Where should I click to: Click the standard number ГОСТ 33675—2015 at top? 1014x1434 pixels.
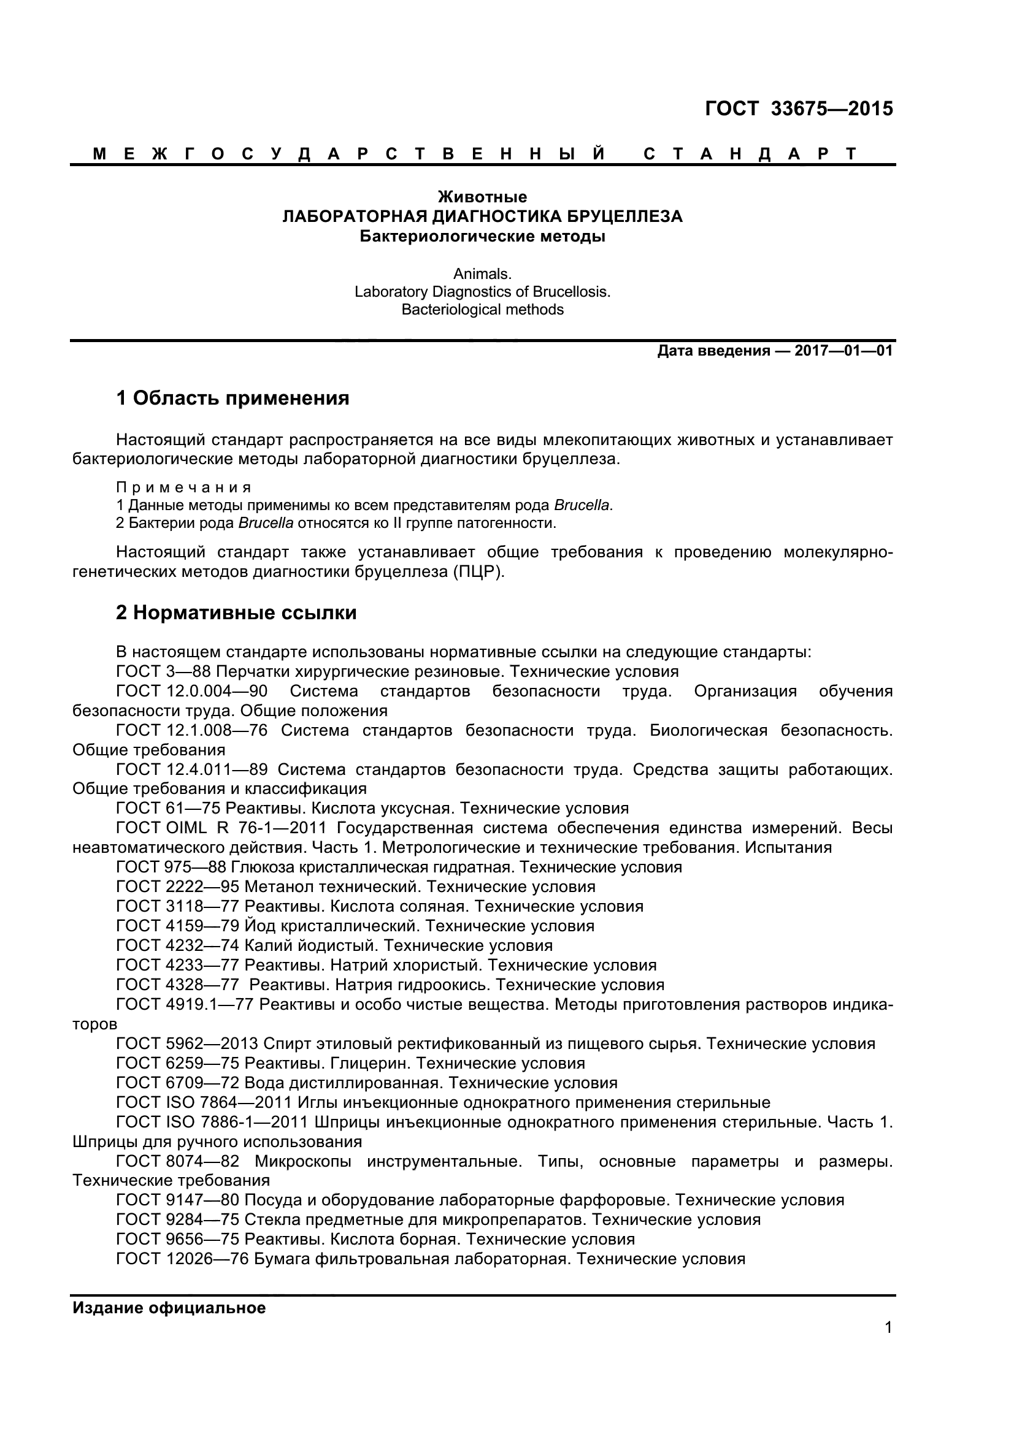(x=799, y=109)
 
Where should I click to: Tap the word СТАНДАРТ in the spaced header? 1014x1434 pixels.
(x=750, y=154)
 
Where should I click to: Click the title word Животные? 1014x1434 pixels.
(x=482, y=197)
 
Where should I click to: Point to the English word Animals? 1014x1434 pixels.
(x=482, y=273)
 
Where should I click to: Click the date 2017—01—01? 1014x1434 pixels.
(x=843, y=351)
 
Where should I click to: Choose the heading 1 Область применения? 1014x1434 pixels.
(x=232, y=398)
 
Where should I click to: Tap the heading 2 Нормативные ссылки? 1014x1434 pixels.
(x=236, y=612)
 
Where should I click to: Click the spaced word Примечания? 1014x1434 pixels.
(x=183, y=487)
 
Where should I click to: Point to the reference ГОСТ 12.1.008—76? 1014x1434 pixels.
(x=192, y=730)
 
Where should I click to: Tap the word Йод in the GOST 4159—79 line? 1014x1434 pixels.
(x=255, y=926)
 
